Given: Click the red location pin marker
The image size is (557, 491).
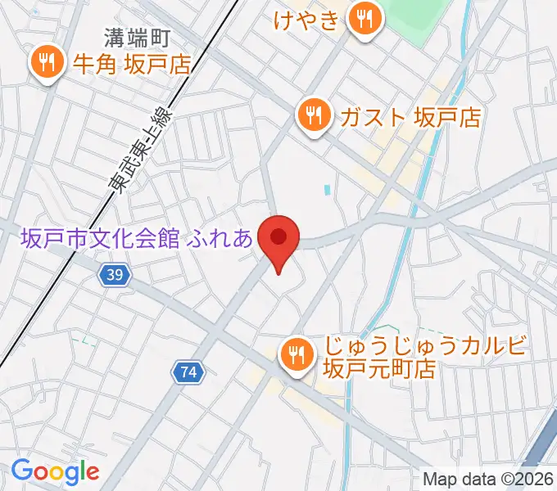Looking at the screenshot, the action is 278,239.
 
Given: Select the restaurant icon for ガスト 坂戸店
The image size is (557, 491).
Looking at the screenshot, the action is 314,115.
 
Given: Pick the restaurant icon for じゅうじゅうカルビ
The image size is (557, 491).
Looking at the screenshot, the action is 294,354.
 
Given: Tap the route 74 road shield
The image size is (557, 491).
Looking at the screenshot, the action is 188,372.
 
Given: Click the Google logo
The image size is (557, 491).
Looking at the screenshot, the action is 54,471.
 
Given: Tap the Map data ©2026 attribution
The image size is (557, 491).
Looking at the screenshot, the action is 488,479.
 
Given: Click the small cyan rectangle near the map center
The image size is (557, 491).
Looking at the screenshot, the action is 328,191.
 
